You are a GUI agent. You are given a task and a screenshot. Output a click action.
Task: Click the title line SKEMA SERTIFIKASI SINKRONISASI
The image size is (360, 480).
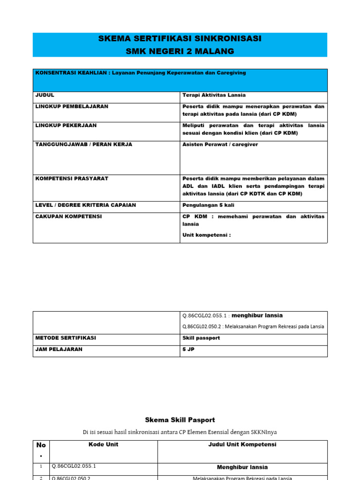pos(180,39)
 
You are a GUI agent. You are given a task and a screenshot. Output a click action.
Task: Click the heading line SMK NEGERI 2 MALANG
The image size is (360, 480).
pos(180,51)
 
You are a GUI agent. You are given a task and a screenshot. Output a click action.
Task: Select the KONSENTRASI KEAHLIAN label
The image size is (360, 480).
pos(72,73)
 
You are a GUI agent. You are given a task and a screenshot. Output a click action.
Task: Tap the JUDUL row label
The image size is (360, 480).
pos(45,95)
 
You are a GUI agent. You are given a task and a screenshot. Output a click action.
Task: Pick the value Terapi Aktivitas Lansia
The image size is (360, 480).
pos(214,95)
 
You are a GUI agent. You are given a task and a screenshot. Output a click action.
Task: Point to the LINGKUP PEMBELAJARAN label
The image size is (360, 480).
pos(72,106)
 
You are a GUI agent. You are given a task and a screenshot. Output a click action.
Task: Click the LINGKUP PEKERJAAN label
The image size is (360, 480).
pos(66,126)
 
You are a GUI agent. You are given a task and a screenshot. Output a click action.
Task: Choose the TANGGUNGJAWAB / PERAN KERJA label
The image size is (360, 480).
pos(84,144)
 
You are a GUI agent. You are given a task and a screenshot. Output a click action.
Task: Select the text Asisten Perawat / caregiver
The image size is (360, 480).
pos(220,144)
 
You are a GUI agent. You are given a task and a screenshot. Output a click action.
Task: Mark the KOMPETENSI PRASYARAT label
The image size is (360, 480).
pos(72,179)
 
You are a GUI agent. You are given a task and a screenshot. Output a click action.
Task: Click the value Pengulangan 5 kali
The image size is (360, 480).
pos(208,205)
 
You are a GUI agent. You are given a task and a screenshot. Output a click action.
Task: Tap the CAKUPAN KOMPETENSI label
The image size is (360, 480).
pos(68,217)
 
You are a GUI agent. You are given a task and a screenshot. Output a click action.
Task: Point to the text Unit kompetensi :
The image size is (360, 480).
pos(206,235)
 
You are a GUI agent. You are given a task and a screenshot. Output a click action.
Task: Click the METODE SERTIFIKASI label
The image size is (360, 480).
pos(66,337)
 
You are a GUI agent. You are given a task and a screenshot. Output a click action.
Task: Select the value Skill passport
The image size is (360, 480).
pos(201,337)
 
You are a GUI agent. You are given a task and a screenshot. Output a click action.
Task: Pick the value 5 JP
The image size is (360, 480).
pos(188,349)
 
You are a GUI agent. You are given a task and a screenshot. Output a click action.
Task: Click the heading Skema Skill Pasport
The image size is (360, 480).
pos(180,420)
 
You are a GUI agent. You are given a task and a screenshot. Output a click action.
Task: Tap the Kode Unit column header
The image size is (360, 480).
pos(103,444)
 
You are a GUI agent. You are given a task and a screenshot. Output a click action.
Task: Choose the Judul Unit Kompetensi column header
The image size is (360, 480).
pos(242,444)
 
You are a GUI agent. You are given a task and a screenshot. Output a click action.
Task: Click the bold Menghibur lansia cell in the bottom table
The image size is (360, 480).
pos(242,467)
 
